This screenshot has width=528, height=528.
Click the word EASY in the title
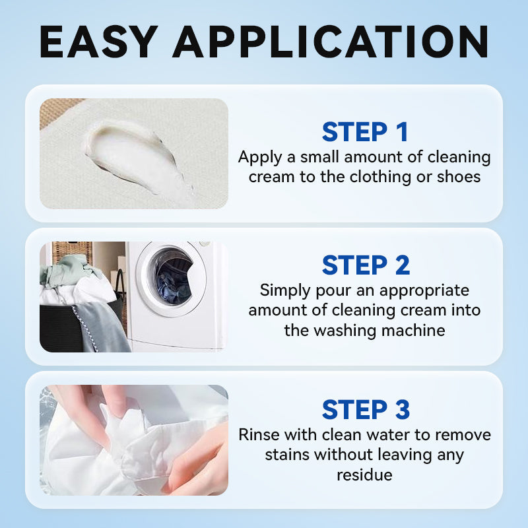point(98,42)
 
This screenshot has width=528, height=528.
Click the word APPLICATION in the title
point(331,42)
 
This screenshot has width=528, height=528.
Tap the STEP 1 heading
point(365,131)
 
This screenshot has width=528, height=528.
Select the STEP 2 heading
point(366,265)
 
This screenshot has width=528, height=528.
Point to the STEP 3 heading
point(366,409)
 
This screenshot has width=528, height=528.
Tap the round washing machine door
point(171,279)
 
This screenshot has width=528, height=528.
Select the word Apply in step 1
point(260,158)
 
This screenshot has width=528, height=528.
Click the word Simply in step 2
point(285,291)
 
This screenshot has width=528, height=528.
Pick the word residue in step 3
point(365,475)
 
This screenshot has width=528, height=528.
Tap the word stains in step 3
point(287,455)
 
